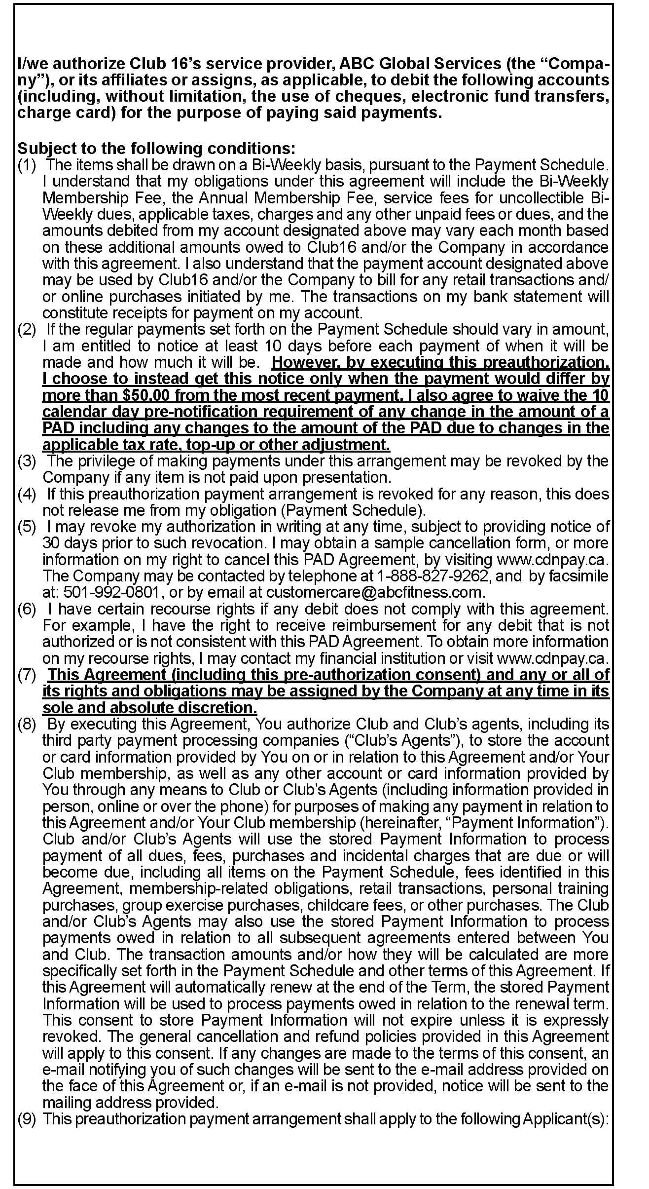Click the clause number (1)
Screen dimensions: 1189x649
(27, 165)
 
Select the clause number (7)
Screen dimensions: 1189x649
(27, 675)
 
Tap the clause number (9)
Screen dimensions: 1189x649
(27, 1119)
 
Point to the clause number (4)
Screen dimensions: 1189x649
(27, 494)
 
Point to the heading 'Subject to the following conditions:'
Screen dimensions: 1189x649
(156, 148)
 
